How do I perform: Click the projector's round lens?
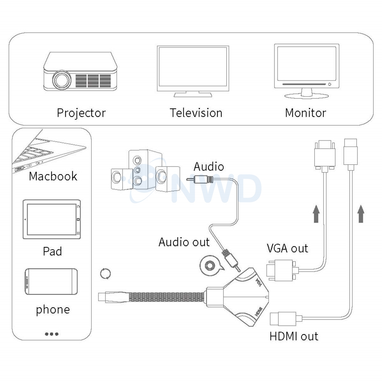[61, 80]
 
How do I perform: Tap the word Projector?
[81, 113]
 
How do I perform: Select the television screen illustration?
[193, 68]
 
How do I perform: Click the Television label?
[196, 113]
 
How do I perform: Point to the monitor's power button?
[330, 85]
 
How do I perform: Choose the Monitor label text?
[305, 113]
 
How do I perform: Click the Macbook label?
[53, 176]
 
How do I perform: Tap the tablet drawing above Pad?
[52, 219]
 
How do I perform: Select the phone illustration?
[51, 281]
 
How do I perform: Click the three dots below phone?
[52, 334]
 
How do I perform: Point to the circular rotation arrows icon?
[105, 273]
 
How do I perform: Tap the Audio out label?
[184, 242]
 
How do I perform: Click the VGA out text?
[287, 248]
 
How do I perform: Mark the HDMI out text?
[294, 336]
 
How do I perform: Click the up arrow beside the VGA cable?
[316, 214]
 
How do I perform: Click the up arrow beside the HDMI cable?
[360, 214]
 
